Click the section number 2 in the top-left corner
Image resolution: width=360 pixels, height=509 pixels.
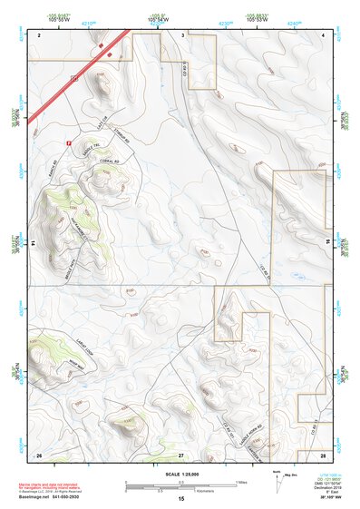coord(40,34)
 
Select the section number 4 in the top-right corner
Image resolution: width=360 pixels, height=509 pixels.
coord(323,34)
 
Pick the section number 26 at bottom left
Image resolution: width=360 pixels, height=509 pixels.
coord(38,453)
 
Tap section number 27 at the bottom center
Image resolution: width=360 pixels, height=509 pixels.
coord(180,453)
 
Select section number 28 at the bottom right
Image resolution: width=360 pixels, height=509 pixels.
coord(323,453)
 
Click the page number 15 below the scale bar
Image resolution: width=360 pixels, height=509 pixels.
coord(180,499)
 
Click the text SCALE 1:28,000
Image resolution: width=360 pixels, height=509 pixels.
coord(180,474)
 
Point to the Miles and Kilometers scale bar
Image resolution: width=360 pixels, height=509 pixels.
coord(180,485)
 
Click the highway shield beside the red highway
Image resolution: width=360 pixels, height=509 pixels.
coord(74,81)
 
